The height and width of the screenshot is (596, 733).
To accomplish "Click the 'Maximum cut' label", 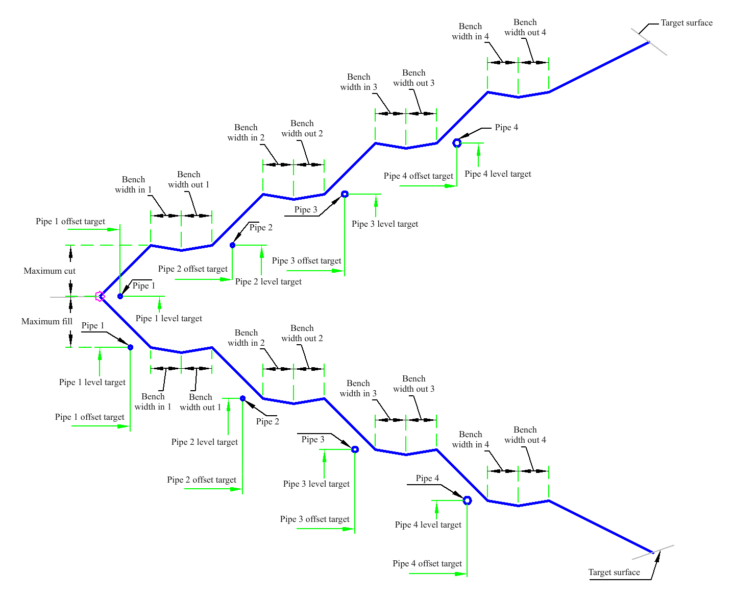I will click(x=50, y=271).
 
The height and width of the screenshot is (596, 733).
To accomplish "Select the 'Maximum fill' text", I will click(x=47, y=321).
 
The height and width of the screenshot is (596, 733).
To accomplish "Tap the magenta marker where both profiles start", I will click(x=100, y=296).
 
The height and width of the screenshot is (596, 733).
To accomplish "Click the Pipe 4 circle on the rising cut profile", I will click(x=457, y=143).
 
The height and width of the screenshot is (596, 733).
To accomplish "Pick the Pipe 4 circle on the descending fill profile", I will click(x=467, y=500).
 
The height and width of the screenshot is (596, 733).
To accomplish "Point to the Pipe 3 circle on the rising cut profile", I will click(x=345, y=194).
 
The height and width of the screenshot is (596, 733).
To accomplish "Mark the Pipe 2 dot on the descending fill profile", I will click(x=242, y=398).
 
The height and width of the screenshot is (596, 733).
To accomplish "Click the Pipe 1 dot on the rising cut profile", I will click(x=120, y=296).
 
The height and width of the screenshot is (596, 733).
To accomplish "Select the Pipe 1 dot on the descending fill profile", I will click(x=130, y=347).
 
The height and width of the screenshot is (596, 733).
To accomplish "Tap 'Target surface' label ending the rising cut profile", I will click(x=687, y=22).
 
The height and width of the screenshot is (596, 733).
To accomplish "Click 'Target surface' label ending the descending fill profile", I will click(x=614, y=572).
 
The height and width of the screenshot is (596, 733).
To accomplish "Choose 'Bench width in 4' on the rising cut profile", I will click(x=470, y=31).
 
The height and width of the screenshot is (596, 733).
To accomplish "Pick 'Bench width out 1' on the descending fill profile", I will click(x=201, y=402).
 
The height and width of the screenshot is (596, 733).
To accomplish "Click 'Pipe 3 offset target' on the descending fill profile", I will click(x=314, y=519).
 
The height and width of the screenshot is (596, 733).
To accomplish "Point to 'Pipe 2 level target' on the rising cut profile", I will click(x=268, y=281).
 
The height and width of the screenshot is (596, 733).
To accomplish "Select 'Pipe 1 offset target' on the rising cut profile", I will click(x=70, y=221).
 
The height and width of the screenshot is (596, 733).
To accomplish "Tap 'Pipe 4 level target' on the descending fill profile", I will click(x=428, y=525).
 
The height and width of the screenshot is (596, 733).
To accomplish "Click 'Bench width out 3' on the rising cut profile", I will click(x=413, y=78).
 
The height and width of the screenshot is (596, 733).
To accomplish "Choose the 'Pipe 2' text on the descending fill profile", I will click(x=267, y=421).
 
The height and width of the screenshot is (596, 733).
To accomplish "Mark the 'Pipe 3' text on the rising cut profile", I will click(x=306, y=209).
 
